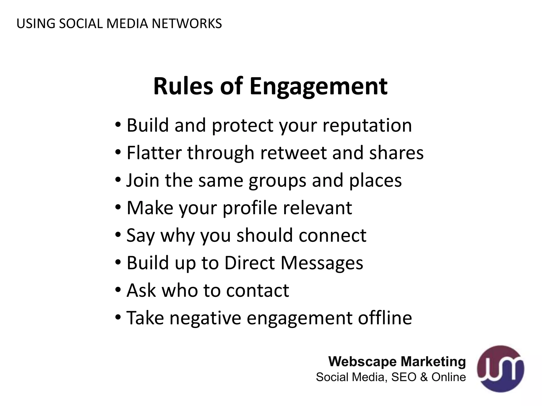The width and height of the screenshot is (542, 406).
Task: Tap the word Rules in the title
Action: [183, 86]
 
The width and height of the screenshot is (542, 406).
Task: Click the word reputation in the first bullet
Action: [367, 126]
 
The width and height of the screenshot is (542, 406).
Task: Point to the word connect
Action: [332, 236]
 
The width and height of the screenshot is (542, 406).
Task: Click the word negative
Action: [205, 318]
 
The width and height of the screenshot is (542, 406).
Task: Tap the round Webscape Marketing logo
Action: [500, 369]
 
